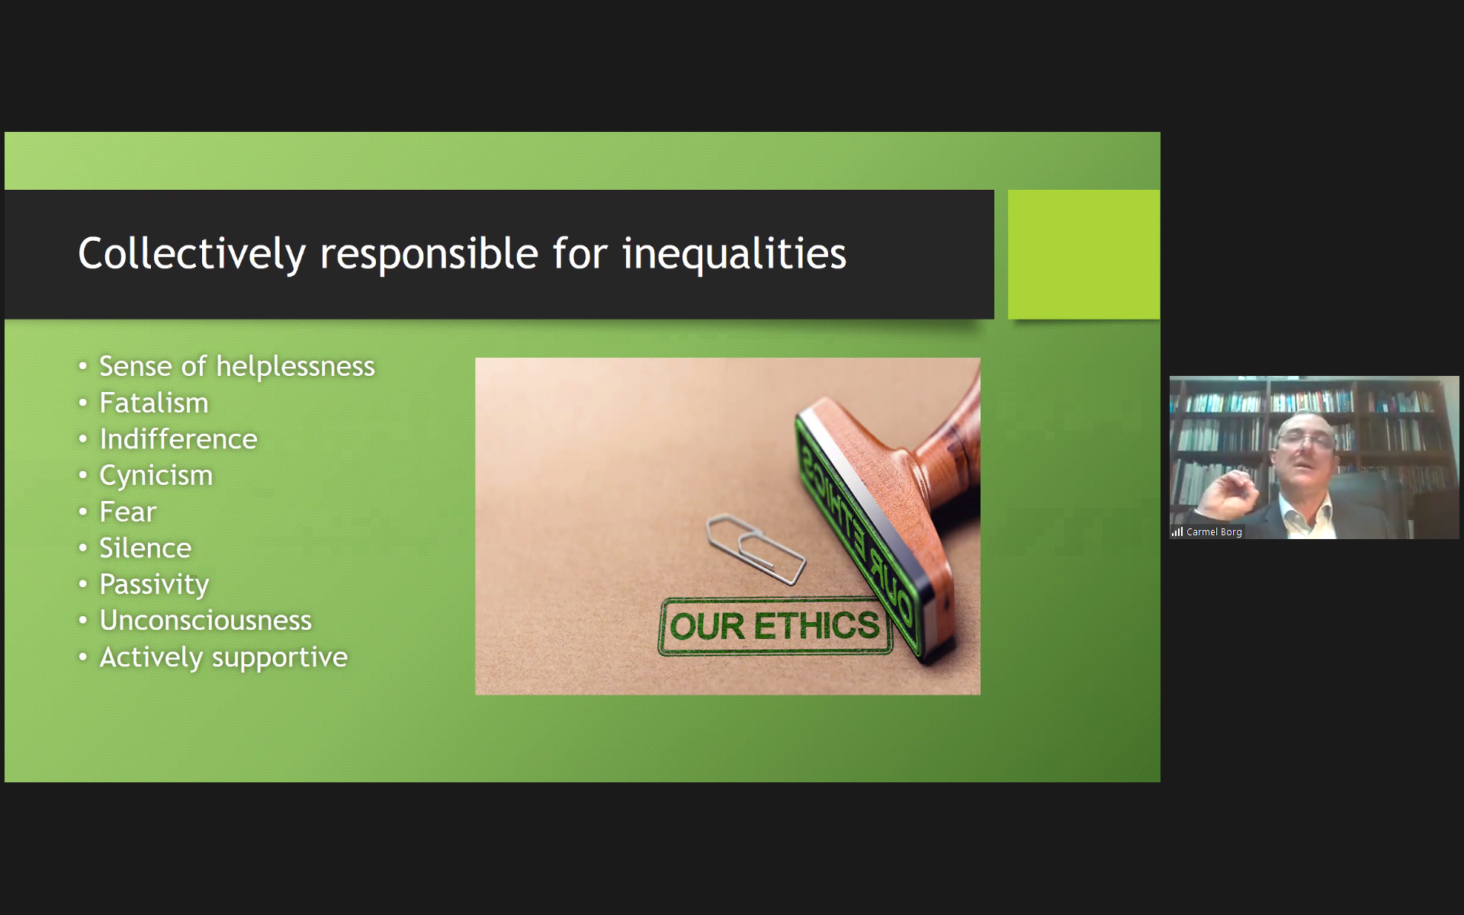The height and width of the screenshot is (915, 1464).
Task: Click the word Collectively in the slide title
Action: coord(192,254)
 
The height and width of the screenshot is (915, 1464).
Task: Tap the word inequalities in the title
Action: coord(734,254)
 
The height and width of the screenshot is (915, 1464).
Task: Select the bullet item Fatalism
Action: coord(154,403)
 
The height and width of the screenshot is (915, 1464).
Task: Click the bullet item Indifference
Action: coord(178,439)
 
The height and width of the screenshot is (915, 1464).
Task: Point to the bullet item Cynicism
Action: coord(156,476)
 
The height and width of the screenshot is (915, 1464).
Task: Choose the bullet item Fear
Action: coord(128,512)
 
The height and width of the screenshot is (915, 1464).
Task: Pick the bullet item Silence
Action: coord(146,548)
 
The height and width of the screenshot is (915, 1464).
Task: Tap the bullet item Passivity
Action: coord(154,585)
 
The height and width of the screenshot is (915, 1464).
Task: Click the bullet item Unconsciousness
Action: coord(206,621)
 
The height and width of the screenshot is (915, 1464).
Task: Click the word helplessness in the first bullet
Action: coord(296,367)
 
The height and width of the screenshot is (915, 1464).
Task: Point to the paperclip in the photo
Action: coord(756,549)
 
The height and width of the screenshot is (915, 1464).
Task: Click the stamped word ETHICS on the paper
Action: coord(817,626)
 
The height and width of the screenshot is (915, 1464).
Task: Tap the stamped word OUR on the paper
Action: coord(707,627)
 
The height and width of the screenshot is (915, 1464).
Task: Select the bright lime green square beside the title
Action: coord(1084,254)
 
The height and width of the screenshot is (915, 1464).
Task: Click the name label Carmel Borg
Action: coord(1214,532)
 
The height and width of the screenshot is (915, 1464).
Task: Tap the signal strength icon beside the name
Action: coord(1177,532)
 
